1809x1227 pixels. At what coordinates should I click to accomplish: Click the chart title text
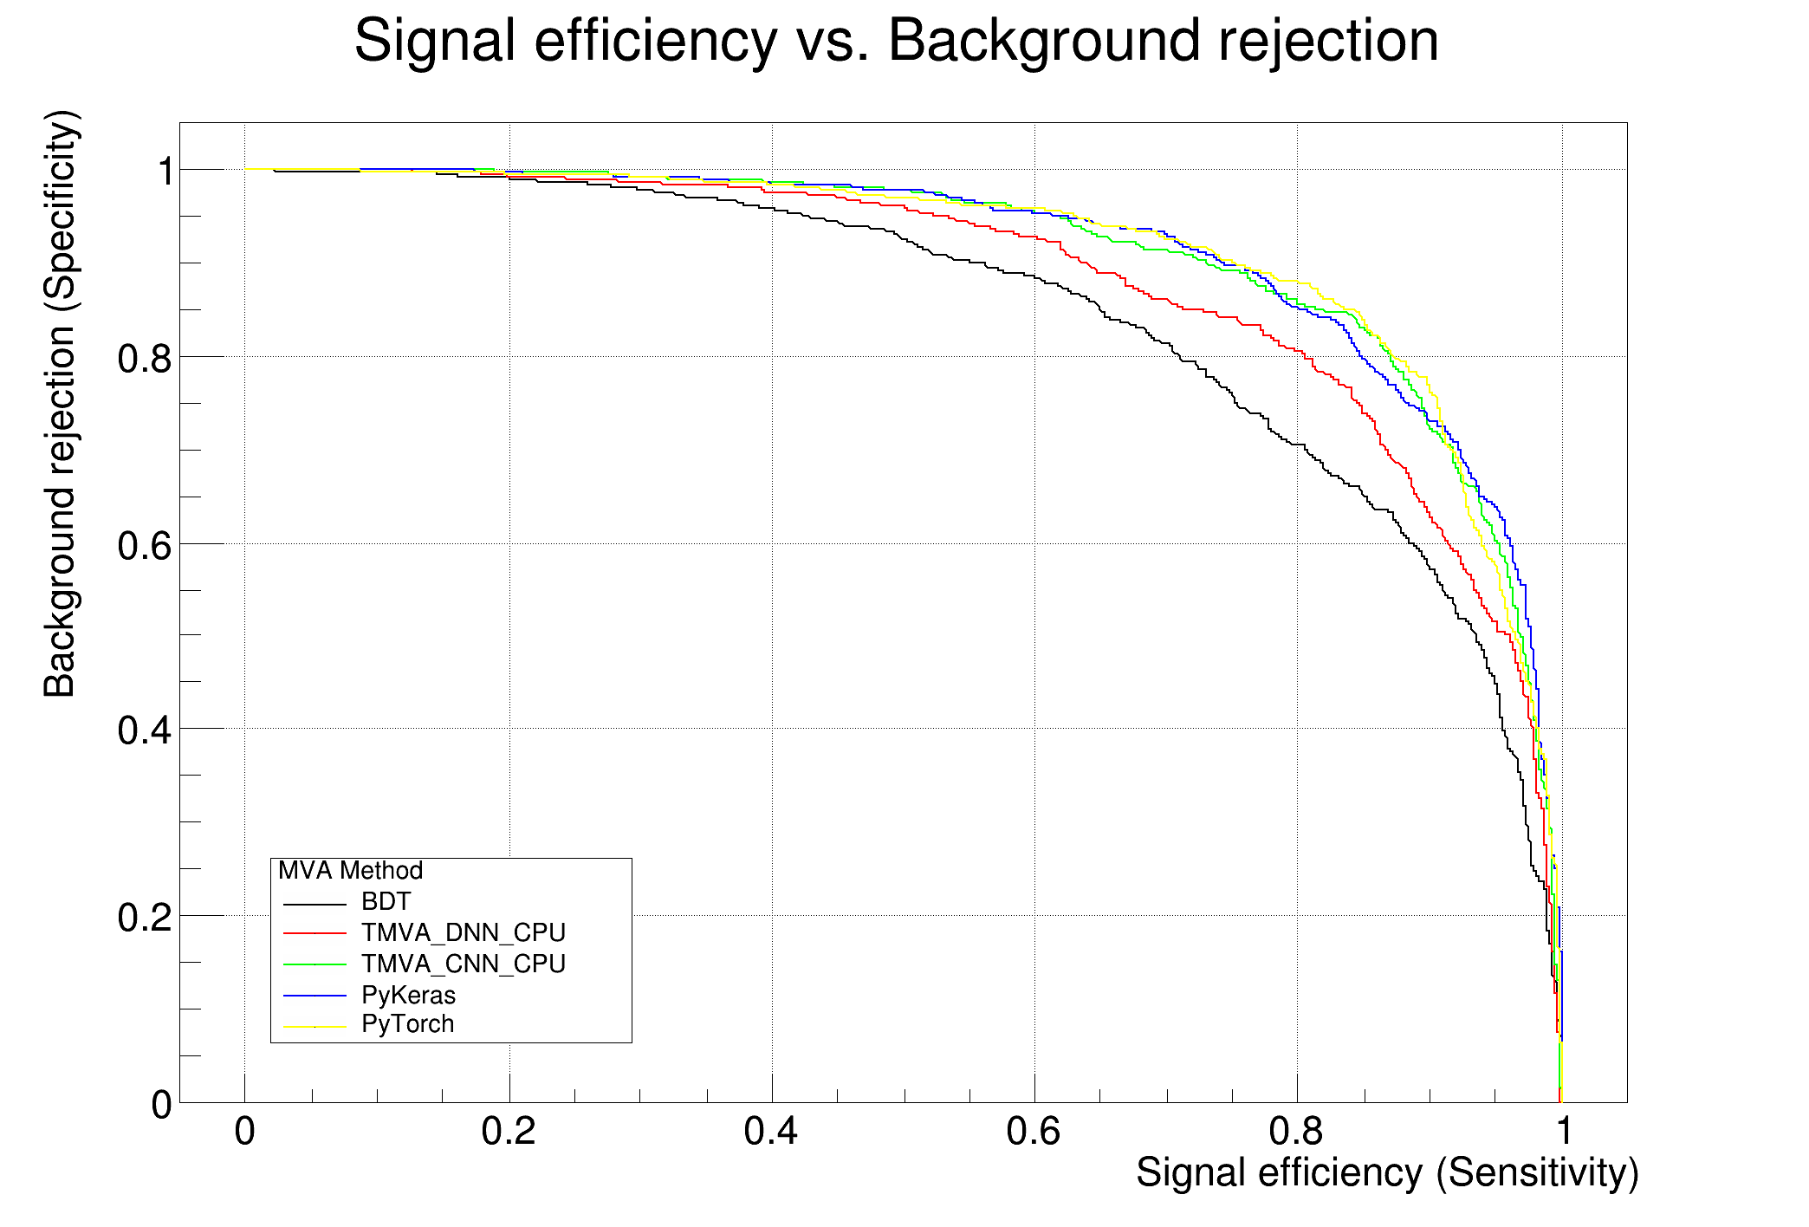click(896, 41)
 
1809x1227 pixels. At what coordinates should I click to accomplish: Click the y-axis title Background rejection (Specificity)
click(61, 404)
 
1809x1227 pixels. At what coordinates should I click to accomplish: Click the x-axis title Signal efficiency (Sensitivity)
click(1386, 1173)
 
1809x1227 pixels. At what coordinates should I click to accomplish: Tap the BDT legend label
click(386, 902)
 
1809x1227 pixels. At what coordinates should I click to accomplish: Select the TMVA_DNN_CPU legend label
click(463, 933)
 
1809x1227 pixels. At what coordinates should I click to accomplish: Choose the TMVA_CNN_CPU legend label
click(463, 964)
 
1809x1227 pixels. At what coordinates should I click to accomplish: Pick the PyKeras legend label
click(408, 995)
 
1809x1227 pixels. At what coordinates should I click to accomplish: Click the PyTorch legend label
click(407, 1024)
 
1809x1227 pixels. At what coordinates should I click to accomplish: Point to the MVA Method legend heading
click(350, 871)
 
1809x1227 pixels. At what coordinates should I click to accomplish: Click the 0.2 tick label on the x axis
click(509, 1132)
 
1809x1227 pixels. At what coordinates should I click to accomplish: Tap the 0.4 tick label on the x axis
click(771, 1132)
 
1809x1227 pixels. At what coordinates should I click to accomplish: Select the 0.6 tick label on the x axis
click(1034, 1132)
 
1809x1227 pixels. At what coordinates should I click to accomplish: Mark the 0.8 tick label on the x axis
click(1297, 1132)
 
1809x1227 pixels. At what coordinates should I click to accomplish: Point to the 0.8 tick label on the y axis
click(145, 358)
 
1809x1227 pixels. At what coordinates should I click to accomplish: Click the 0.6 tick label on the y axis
click(145, 545)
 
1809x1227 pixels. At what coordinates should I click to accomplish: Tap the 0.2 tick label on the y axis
click(145, 918)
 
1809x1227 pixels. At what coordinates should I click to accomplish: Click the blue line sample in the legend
click(314, 996)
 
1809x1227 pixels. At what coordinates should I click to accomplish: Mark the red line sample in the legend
click(314, 933)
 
